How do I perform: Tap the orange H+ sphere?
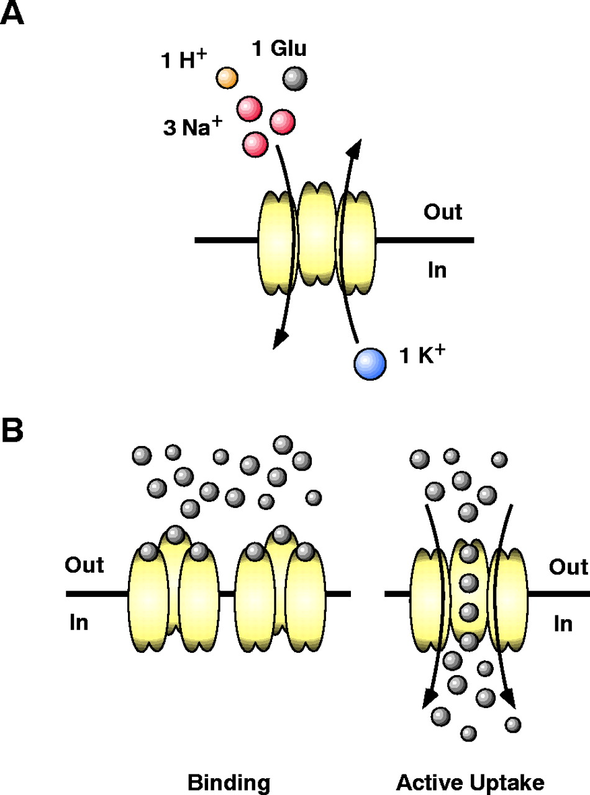pos(227,78)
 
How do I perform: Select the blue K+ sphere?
pos(370,363)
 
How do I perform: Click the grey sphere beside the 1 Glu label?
pos(294,79)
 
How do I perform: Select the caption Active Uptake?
pos(470,777)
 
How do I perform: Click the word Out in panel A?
pos(443,212)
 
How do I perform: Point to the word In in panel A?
pos(437,271)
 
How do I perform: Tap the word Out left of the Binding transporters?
pos(85,566)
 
